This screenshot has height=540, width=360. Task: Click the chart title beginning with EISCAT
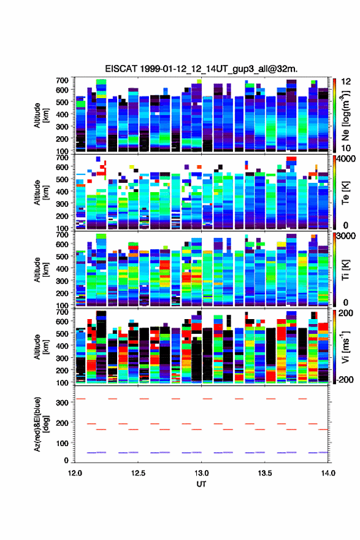[x=201, y=69]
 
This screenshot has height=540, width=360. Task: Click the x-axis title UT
[x=201, y=484]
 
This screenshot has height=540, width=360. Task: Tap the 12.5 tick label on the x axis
[x=138, y=473]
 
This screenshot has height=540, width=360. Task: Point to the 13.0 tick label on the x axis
[x=201, y=473]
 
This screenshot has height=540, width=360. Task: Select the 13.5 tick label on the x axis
[x=265, y=473]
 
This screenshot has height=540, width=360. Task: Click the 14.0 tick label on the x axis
[x=328, y=473]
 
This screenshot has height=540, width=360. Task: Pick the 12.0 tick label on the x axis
[x=75, y=473]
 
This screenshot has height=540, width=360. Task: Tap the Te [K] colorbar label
[x=345, y=193]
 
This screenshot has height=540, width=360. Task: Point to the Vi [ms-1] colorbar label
[x=345, y=347]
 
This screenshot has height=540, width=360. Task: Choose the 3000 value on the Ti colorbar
[x=346, y=236]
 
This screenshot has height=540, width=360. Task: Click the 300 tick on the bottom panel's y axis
[x=63, y=403]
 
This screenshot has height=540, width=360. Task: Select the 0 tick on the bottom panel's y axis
[x=66, y=460]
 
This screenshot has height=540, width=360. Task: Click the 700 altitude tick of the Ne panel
[x=62, y=80]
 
